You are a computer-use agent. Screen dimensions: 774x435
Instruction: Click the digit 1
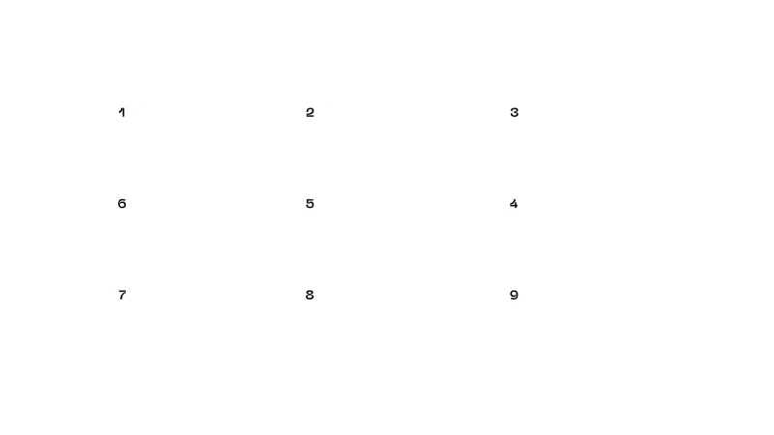(x=122, y=112)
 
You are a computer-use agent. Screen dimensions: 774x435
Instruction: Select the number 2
(x=310, y=112)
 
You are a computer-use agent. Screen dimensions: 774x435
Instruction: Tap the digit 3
(x=515, y=112)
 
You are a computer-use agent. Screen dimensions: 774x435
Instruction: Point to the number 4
(x=514, y=204)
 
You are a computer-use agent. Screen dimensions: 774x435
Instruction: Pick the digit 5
(x=310, y=204)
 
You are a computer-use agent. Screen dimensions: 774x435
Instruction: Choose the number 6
(x=122, y=204)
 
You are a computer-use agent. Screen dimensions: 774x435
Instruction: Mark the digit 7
(x=123, y=295)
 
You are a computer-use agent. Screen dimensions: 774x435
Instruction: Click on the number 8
(x=310, y=295)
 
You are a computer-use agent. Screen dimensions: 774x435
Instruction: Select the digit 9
(x=515, y=295)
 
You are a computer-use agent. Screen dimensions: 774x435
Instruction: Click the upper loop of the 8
(x=310, y=293)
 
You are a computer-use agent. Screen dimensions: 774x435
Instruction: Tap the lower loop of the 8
(x=310, y=297)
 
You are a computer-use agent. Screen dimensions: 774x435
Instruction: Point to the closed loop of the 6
(x=122, y=205)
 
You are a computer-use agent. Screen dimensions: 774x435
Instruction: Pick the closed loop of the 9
(x=515, y=294)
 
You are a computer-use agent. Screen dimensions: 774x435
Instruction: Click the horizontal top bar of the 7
(x=123, y=292)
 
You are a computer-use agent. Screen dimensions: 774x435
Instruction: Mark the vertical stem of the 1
(x=124, y=112)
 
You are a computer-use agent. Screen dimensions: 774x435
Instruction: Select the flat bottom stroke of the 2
(x=310, y=116)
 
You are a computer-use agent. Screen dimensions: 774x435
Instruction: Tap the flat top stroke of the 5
(x=311, y=200)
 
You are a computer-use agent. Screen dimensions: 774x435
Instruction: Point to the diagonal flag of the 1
(x=120, y=110)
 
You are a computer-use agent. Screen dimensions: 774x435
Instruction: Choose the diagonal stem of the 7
(x=123, y=296)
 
